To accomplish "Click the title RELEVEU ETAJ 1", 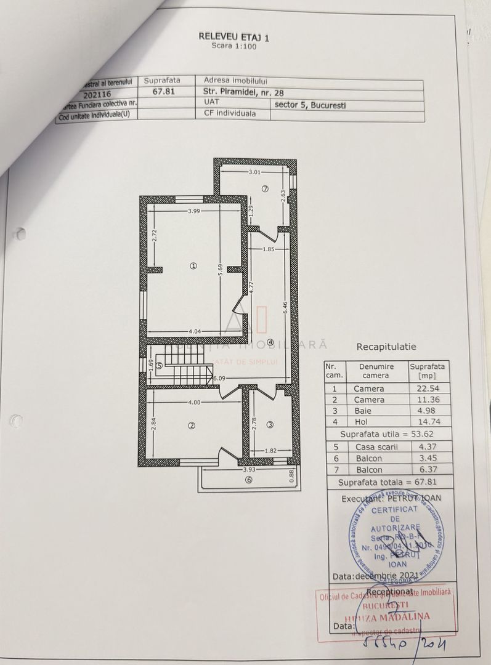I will [x=233, y=37].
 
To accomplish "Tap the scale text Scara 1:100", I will [x=233, y=46].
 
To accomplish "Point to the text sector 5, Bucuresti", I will [x=310, y=105].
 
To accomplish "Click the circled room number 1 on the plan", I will [x=193, y=266].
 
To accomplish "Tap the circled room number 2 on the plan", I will [x=192, y=425].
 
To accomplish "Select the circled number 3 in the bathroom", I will [x=270, y=424].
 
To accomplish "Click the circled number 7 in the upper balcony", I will [x=265, y=188].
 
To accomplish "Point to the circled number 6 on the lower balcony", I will [x=248, y=480].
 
